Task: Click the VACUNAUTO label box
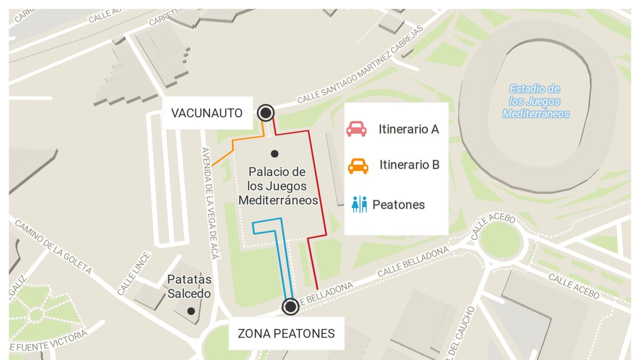207,113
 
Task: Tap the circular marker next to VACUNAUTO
266,113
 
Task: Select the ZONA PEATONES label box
286,334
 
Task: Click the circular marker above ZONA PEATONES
291,307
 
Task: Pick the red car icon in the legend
356,129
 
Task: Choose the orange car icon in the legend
358,166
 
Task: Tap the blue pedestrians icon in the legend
359,204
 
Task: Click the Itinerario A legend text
409,129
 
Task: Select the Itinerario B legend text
409,165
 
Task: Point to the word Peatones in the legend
398,204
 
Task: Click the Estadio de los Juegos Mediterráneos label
536,101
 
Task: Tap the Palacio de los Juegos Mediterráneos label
278,186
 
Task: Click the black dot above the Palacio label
275,154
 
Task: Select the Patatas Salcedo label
189,286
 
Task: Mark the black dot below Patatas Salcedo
190,310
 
